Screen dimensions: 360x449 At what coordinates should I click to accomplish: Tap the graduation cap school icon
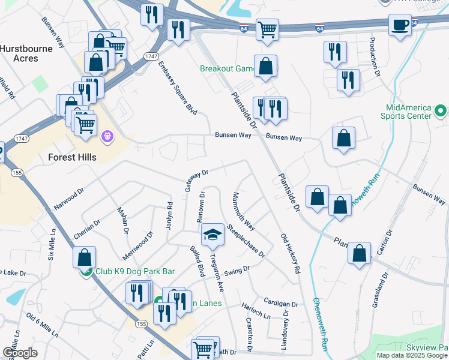pyautogui.click(x=212, y=235)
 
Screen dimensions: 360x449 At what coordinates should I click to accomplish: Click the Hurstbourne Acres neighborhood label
pyautogui.click(x=28, y=53)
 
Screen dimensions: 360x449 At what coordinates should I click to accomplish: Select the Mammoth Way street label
pyautogui.click(x=245, y=211)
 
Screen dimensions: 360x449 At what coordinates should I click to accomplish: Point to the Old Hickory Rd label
pyautogui.click(x=291, y=253)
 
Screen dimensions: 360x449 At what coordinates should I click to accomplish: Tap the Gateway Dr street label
pyautogui.click(x=196, y=180)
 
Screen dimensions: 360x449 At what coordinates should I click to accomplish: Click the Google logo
pyautogui.click(x=19, y=353)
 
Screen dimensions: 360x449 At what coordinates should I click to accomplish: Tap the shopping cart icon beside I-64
pyautogui.click(x=267, y=29)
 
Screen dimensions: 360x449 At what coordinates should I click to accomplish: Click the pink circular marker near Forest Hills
pyautogui.click(x=107, y=137)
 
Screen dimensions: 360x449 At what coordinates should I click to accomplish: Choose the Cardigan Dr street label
pyautogui.click(x=280, y=302)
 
